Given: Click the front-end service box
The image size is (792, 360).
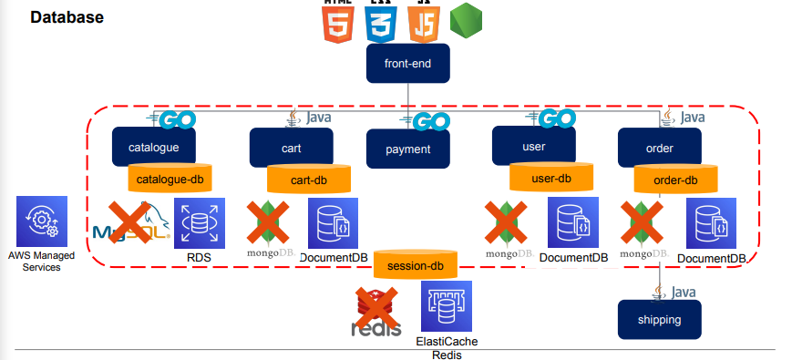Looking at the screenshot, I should [408, 64].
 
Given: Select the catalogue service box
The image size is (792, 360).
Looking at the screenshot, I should [148, 146].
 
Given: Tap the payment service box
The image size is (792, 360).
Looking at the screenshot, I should [408, 149].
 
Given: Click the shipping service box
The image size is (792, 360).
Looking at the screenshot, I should [660, 321].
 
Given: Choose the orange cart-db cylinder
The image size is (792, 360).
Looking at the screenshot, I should [308, 180].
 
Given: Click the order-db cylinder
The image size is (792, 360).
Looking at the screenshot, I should [675, 180].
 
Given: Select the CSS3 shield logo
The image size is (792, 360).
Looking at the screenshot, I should [380, 22].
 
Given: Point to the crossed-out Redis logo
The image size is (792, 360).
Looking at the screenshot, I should [375, 312].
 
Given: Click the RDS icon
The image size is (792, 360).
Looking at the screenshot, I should [199, 223].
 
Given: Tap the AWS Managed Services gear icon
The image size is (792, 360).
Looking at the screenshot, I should [42, 221].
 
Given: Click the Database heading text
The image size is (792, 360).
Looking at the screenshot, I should [67, 17].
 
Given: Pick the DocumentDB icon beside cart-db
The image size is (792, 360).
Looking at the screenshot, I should [333, 223].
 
